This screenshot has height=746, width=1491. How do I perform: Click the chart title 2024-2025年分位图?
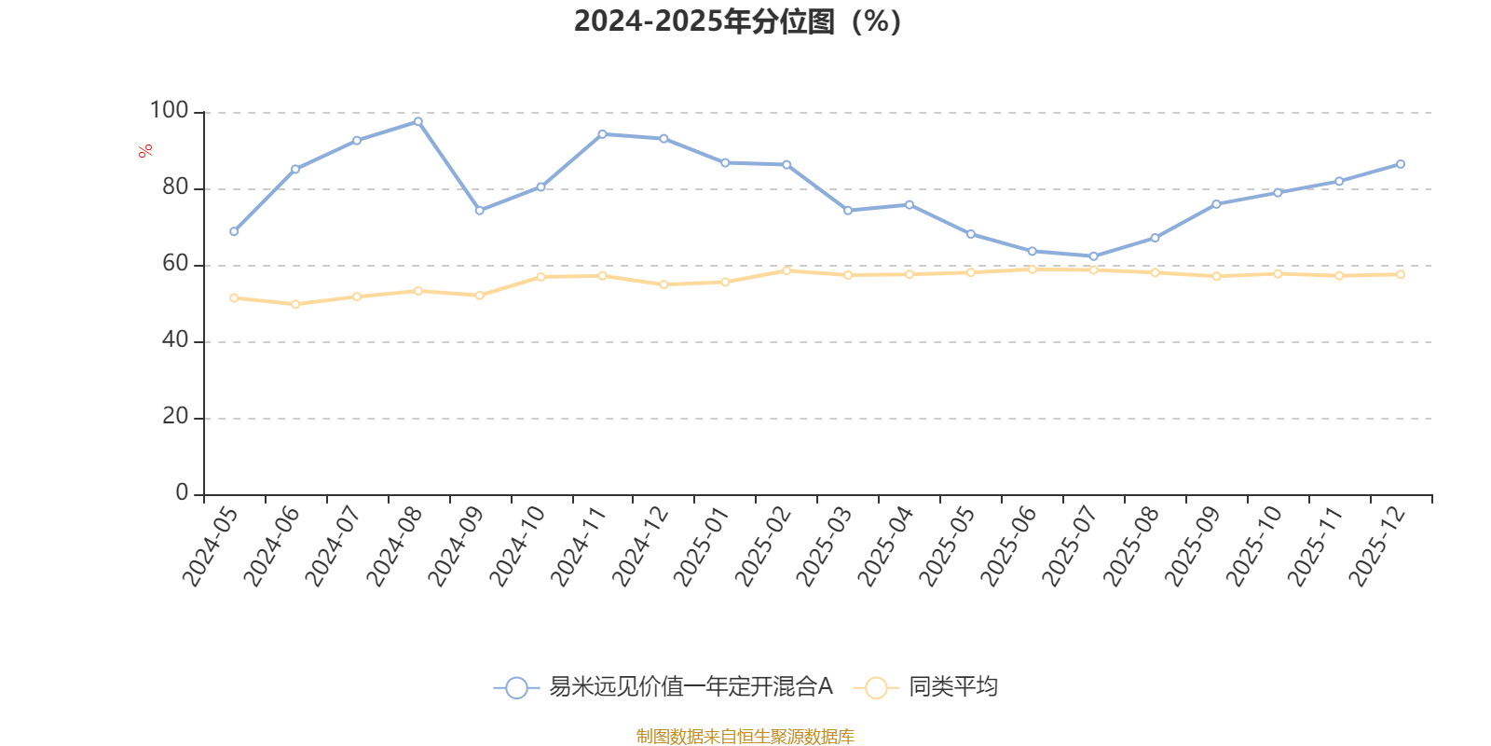(x=737, y=21)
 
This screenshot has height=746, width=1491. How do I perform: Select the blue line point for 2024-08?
(x=417, y=121)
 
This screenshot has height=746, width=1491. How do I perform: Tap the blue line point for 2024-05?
(x=234, y=231)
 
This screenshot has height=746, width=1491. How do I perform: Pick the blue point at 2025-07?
(x=1093, y=256)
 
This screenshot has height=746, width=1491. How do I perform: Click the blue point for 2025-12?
(x=1400, y=164)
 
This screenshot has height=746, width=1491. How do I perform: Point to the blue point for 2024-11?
(x=602, y=134)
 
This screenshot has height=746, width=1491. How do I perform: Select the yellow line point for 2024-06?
(x=295, y=304)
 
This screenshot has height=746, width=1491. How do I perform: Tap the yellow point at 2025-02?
(x=787, y=270)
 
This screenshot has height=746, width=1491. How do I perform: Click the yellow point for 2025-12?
(x=1400, y=274)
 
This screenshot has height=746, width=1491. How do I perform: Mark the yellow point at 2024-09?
(x=479, y=295)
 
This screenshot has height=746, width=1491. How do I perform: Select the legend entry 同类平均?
(x=952, y=687)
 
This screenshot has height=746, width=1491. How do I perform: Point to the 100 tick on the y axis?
(x=169, y=111)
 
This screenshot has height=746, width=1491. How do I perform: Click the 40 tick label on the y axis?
(x=174, y=340)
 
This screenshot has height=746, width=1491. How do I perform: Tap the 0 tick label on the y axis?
(x=182, y=492)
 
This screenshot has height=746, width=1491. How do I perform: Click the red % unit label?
(x=145, y=151)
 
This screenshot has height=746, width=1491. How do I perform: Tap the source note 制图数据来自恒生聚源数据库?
(x=745, y=737)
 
